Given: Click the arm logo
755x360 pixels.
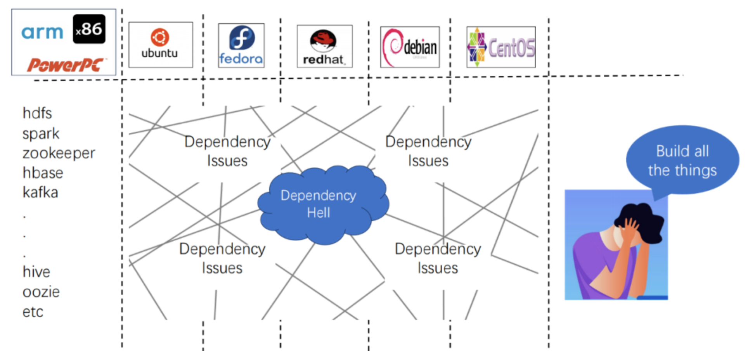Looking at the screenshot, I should coord(42,33).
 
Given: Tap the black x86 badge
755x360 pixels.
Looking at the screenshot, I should coord(89,29).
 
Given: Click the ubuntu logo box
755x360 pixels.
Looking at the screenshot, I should coord(160,45).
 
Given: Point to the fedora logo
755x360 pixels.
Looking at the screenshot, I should coord(241,45).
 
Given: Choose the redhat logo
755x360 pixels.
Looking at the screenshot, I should coord(324,46).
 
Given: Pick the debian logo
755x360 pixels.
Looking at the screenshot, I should coord(410,47).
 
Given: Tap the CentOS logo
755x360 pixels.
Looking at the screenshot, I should coord(501,47).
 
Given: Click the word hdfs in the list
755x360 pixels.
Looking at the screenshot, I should coord(37,113).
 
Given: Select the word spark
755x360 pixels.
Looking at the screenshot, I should coord(41,134).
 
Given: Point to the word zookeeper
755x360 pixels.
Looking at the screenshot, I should coord(59,153).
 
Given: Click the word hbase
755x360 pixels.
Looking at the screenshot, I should coord(43,173).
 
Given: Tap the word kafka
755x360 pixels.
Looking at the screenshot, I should coord(40,192).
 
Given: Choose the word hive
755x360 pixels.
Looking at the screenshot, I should coord(36,272).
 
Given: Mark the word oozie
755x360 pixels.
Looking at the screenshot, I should coord(41,292).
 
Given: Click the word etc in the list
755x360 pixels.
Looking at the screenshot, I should coord(33,312).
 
